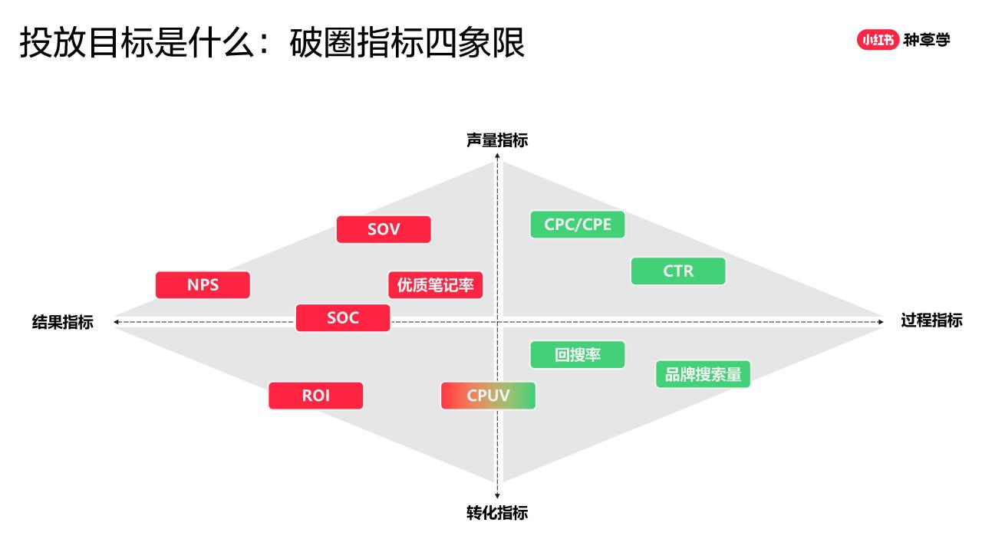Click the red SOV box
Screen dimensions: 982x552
click(x=384, y=229)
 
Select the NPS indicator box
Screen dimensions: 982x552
click(x=203, y=284)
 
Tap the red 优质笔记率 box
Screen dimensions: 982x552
click(x=435, y=284)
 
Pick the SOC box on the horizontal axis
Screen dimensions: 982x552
click(x=343, y=317)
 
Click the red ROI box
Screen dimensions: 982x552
click(x=315, y=396)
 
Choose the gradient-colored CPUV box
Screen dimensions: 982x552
click(x=488, y=396)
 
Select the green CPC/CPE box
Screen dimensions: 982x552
click(x=578, y=225)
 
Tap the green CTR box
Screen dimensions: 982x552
click(x=678, y=271)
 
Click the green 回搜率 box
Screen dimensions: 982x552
click(x=578, y=354)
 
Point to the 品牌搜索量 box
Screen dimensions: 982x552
click(x=703, y=374)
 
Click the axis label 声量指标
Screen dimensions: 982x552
click(x=497, y=140)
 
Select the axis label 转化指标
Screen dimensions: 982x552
click(x=497, y=513)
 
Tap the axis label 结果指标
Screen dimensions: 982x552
click(x=63, y=322)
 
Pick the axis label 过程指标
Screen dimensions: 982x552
click(x=931, y=320)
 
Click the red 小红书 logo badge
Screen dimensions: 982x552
click(x=878, y=40)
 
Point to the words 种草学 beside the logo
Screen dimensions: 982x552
click(x=927, y=40)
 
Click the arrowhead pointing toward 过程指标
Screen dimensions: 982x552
click(x=881, y=322)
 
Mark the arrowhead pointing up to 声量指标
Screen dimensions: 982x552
click(x=497, y=156)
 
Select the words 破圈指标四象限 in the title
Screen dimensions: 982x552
click(x=407, y=42)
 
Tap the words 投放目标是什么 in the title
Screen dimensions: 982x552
click(x=137, y=42)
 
